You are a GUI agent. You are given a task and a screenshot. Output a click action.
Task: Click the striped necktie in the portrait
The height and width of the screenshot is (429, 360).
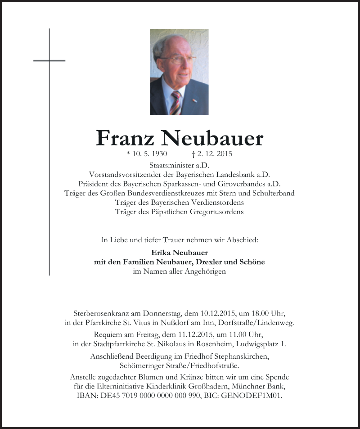pos(175,102)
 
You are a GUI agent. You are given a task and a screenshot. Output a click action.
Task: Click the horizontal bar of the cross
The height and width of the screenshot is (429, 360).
pos(49,60)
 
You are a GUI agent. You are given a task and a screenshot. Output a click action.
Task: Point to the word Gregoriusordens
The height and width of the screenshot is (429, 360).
pos(216,211)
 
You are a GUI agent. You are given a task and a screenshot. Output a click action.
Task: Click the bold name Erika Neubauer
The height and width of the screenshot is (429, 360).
pos(180,253)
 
